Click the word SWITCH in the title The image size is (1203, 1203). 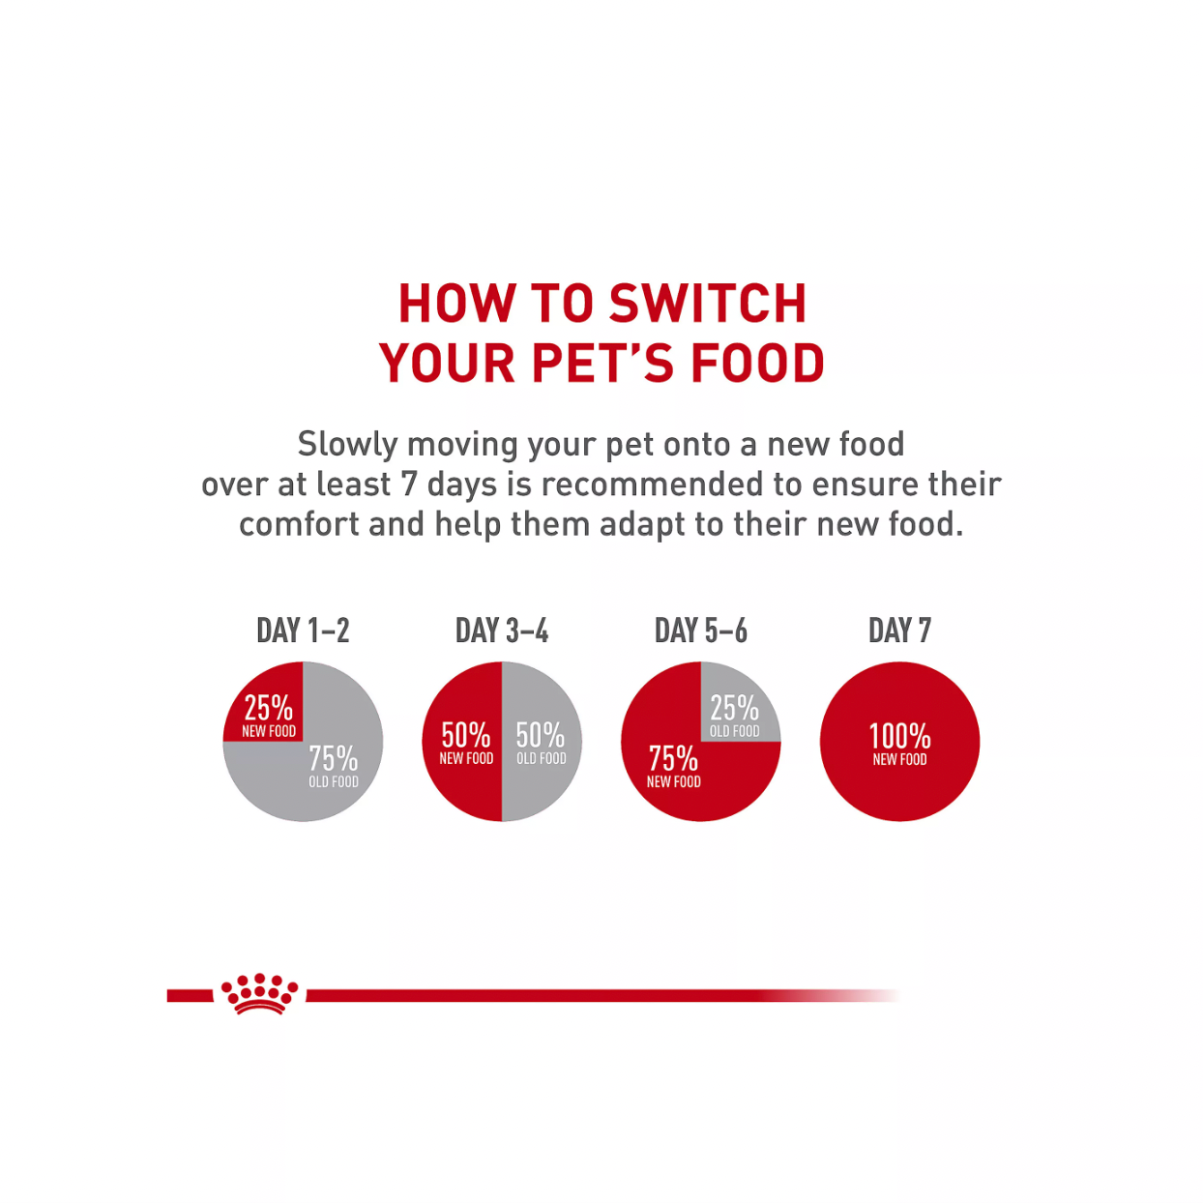(708, 304)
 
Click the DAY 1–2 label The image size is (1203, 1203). (303, 631)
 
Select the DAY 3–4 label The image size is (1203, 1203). (502, 631)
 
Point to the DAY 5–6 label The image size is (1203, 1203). (700, 631)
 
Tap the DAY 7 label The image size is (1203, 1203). (899, 631)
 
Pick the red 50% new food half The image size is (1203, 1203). (462, 742)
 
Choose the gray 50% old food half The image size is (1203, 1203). (542, 742)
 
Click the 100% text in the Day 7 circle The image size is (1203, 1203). (899, 737)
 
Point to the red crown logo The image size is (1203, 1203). (260, 993)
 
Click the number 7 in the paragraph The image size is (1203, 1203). (409, 484)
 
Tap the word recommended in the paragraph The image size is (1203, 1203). (652, 484)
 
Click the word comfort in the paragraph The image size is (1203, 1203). (299, 524)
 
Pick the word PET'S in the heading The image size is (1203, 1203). (603, 363)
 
